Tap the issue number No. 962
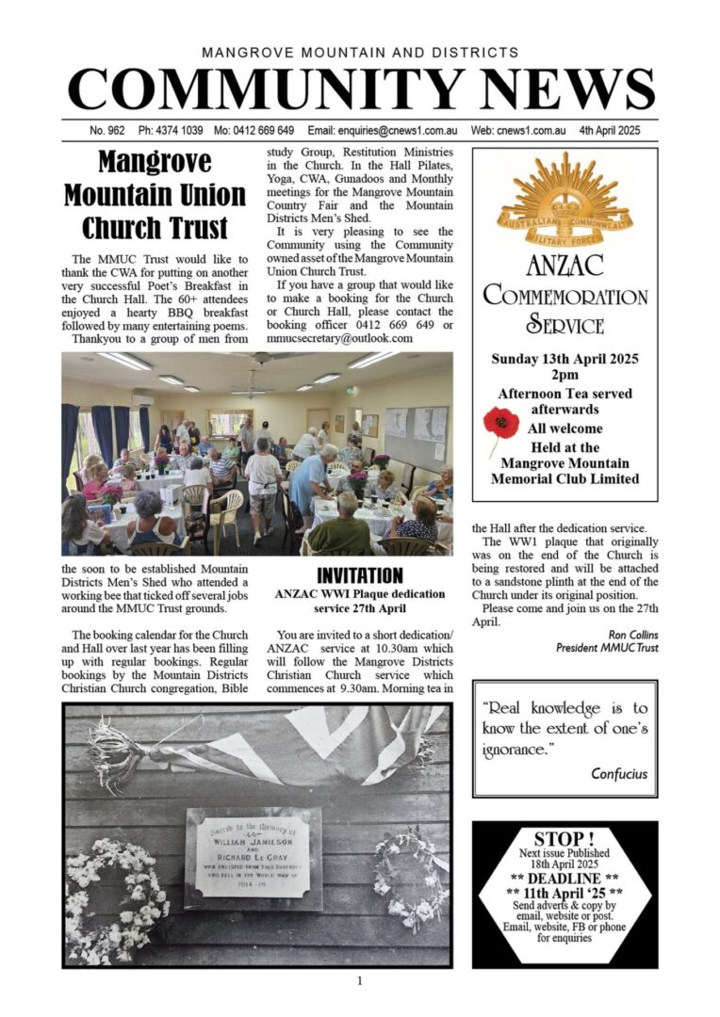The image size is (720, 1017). click(110, 131)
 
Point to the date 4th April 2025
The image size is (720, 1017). click(610, 131)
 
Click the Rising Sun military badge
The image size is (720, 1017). click(565, 199)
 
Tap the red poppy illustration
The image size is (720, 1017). click(501, 424)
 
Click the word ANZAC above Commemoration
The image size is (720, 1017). click(565, 266)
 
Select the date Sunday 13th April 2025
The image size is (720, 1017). click(565, 359)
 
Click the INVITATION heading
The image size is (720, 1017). click(359, 575)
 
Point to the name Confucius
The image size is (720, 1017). click(618, 774)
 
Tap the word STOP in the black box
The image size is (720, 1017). click(564, 839)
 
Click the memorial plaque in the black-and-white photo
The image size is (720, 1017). click(253, 855)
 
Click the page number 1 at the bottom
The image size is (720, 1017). click(359, 980)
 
